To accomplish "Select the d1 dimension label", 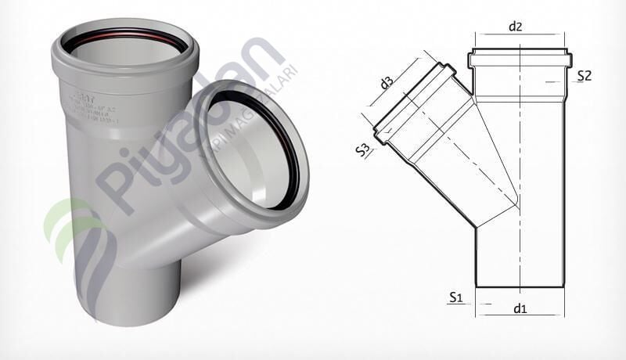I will [x=520, y=308].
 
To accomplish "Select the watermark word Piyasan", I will [x=180, y=125].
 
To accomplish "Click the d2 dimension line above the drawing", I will [x=520, y=36].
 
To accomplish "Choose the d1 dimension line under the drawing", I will [x=520, y=315].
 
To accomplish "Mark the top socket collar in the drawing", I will [x=520, y=60].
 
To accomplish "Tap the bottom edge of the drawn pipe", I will [x=520, y=287].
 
